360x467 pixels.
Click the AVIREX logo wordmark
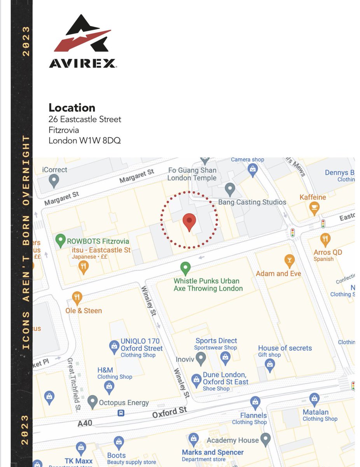point(82,63)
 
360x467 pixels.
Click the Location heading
point(72,108)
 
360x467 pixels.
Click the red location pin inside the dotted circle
point(189,221)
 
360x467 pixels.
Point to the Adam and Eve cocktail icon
point(289,260)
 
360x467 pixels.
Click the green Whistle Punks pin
point(185,268)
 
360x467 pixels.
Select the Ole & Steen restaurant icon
point(77,298)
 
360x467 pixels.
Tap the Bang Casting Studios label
point(252,202)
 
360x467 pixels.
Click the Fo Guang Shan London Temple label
point(192,174)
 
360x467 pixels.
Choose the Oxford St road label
point(170,412)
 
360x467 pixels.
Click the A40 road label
point(85,423)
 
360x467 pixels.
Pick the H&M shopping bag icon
point(110,386)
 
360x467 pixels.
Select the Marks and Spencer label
point(213,452)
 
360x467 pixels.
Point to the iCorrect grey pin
point(54,180)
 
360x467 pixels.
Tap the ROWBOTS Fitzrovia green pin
point(60,240)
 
